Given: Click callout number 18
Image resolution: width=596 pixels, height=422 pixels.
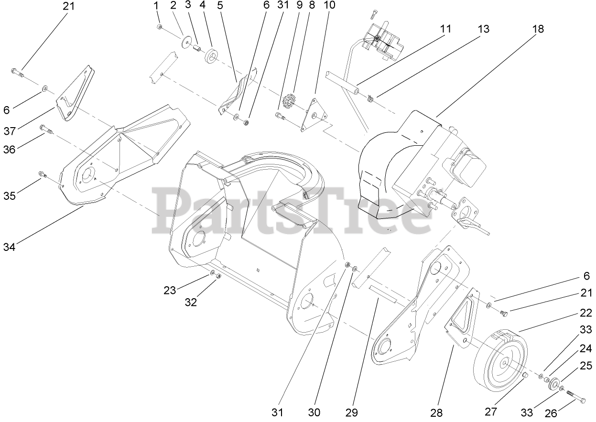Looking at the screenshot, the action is [x=538, y=29].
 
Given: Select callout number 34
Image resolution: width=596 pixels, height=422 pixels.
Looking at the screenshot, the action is [x=10, y=247].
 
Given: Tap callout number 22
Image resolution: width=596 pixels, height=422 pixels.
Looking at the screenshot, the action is [x=585, y=313].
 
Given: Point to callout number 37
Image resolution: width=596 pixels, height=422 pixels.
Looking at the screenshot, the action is [x=10, y=130].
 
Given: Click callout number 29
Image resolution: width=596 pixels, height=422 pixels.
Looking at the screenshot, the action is [x=353, y=411].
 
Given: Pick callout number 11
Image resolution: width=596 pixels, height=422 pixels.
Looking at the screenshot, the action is [x=445, y=29].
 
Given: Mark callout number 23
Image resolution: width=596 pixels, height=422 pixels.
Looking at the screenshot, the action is [x=170, y=290].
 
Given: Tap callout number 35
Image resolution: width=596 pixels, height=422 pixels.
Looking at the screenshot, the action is [x=10, y=195].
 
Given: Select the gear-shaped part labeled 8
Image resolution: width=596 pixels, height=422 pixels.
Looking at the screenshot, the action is [x=288, y=103].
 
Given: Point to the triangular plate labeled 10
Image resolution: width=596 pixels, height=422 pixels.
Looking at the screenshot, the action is [x=313, y=115].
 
